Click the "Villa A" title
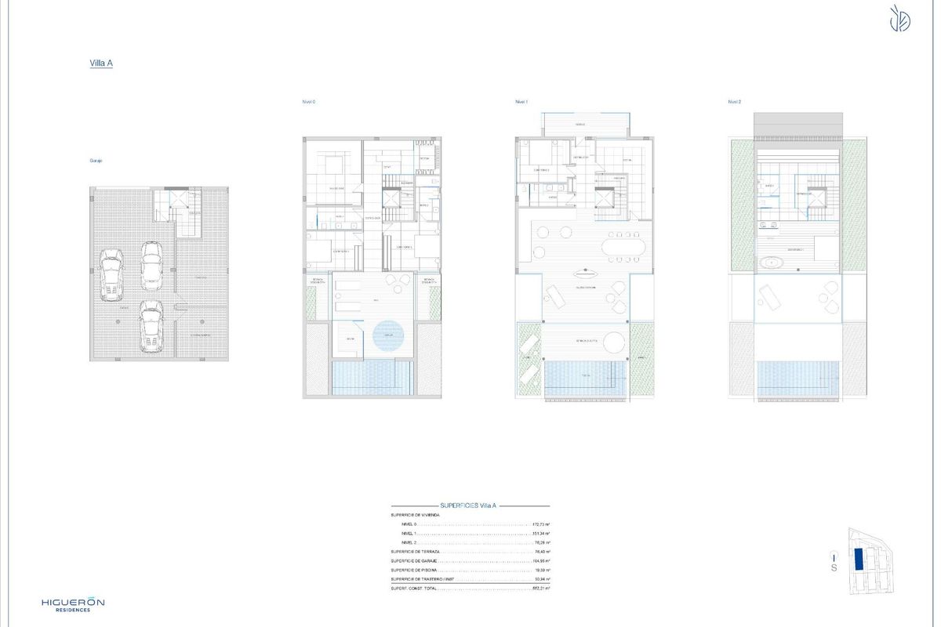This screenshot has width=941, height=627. coord(101,64)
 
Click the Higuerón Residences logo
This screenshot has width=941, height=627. coord(73,604)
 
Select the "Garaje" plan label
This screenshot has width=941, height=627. coord(96,161)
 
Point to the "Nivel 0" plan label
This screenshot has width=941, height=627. coord(309,102)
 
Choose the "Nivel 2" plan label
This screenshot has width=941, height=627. coord(734,102)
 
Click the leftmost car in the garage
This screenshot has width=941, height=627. coord(112,274)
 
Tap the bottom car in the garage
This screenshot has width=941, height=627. coord(151,324)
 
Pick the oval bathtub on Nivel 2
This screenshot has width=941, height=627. coord(775,262)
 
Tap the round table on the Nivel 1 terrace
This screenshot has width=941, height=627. coord(614,342)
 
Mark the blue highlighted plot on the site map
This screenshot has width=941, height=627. coord(857,559)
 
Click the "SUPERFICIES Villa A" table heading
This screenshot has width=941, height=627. coord(469,507)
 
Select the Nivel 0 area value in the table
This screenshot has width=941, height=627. coord(540,524)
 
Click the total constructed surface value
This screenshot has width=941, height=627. coord(540,588)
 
